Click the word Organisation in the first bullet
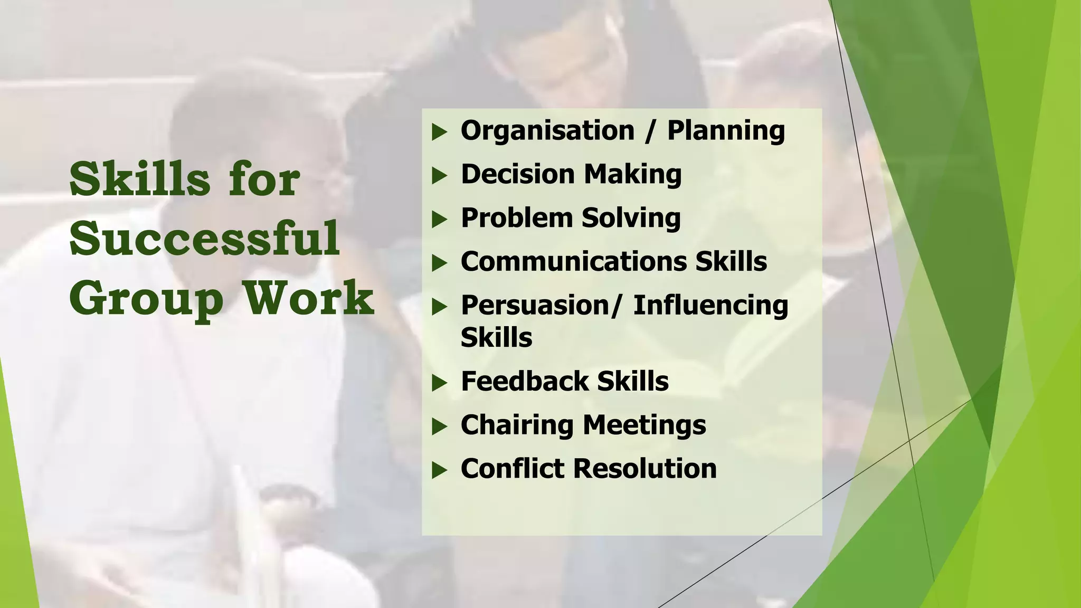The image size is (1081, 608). (547, 131)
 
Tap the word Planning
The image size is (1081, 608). (726, 131)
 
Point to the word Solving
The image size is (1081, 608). (631, 218)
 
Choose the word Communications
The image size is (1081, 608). (573, 261)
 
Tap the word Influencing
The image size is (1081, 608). (710, 305)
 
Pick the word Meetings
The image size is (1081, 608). (644, 425)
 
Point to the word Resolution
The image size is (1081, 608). (645, 469)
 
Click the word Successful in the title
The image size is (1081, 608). (204, 239)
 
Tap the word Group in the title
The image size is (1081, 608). (146, 299)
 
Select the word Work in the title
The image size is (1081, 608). (309, 298)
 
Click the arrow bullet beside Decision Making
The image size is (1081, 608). (439, 176)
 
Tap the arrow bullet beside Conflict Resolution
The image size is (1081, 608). (439, 470)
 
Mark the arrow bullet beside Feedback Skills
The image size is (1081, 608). (439, 383)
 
